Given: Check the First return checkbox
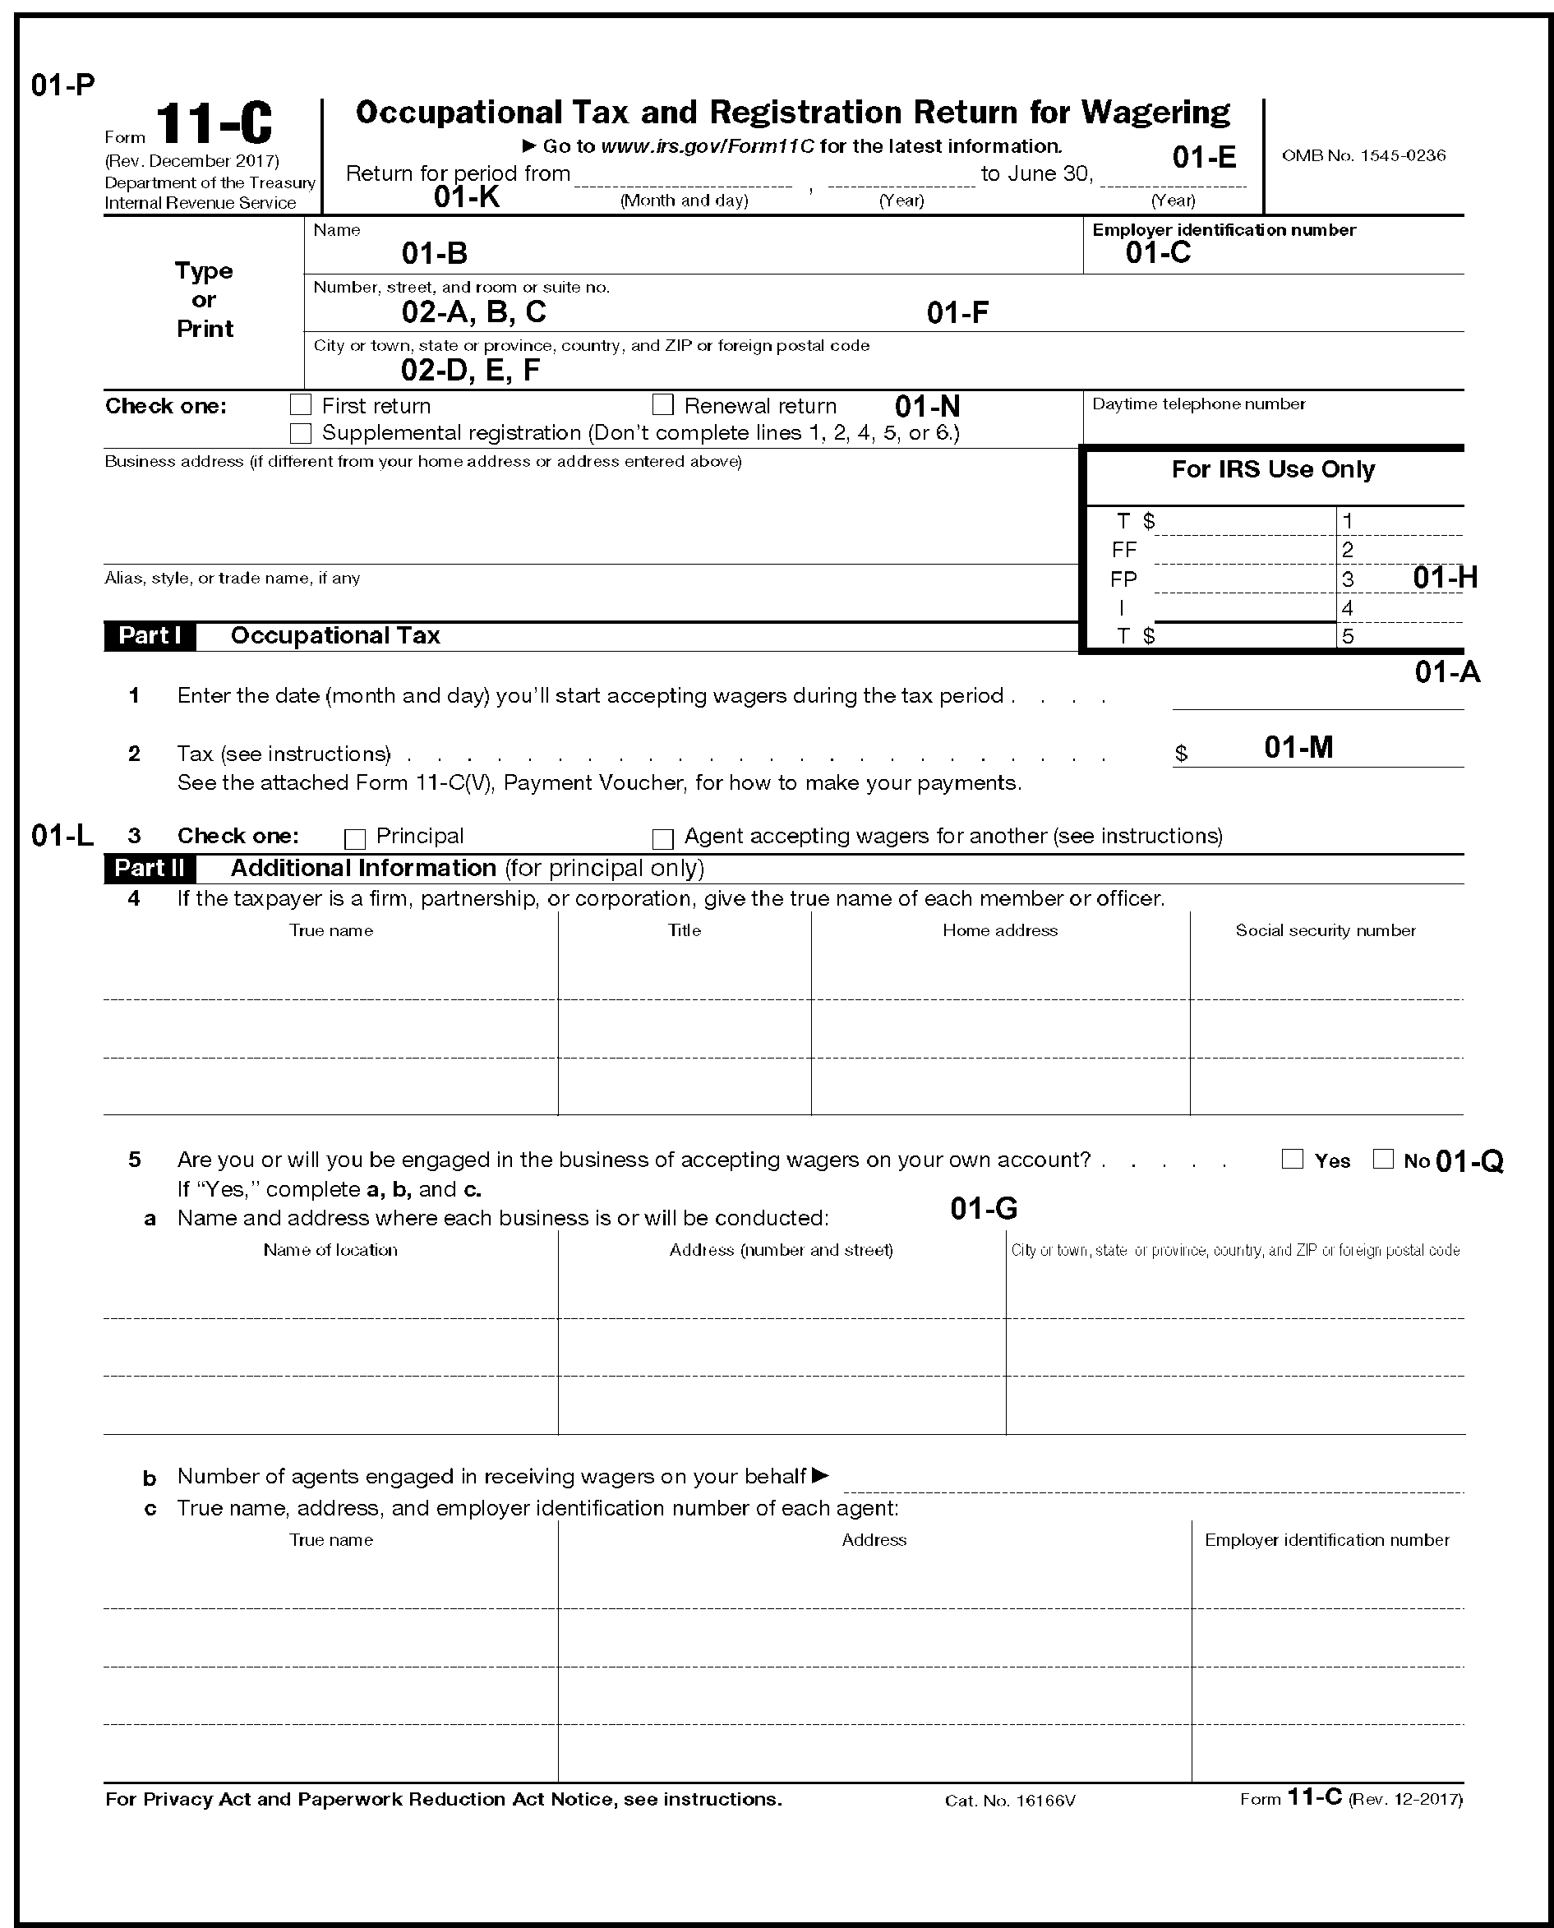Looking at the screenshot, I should [301, 405].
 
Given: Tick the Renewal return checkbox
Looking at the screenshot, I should [662, 405].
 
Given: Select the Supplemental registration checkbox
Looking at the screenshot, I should [301, 433].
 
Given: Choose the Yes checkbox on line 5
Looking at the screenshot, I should [1292, 1159].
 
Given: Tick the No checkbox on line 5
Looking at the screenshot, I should [1383, 1159].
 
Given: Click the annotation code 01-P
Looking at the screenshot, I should [62, 86].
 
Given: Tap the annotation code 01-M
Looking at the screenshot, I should [1298, 747].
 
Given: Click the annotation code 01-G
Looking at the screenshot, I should [984, 1209].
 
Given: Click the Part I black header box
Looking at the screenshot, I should [150, 635].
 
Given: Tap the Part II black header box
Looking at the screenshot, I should [150, 868].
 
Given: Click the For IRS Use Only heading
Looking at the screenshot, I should [1273, 470].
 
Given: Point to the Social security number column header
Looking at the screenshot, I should [1325, 931].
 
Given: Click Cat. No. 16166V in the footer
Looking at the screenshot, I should [1010, 1801].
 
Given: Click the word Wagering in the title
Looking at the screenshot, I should [1155, 113].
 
